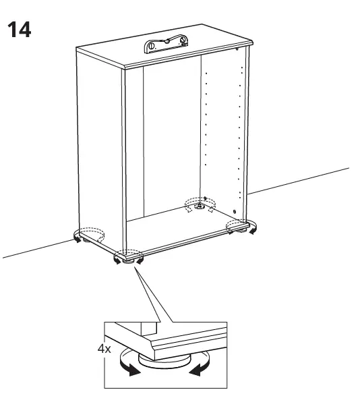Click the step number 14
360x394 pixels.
(x=19, y=30)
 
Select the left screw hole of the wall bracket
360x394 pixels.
(x=152, y=47)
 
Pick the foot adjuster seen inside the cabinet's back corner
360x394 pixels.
(x=200, y=205)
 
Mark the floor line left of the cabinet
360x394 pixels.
(x=34, y=250)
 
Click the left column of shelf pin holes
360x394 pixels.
(x=205, y=121)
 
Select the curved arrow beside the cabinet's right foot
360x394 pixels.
(x=253, y=231)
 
